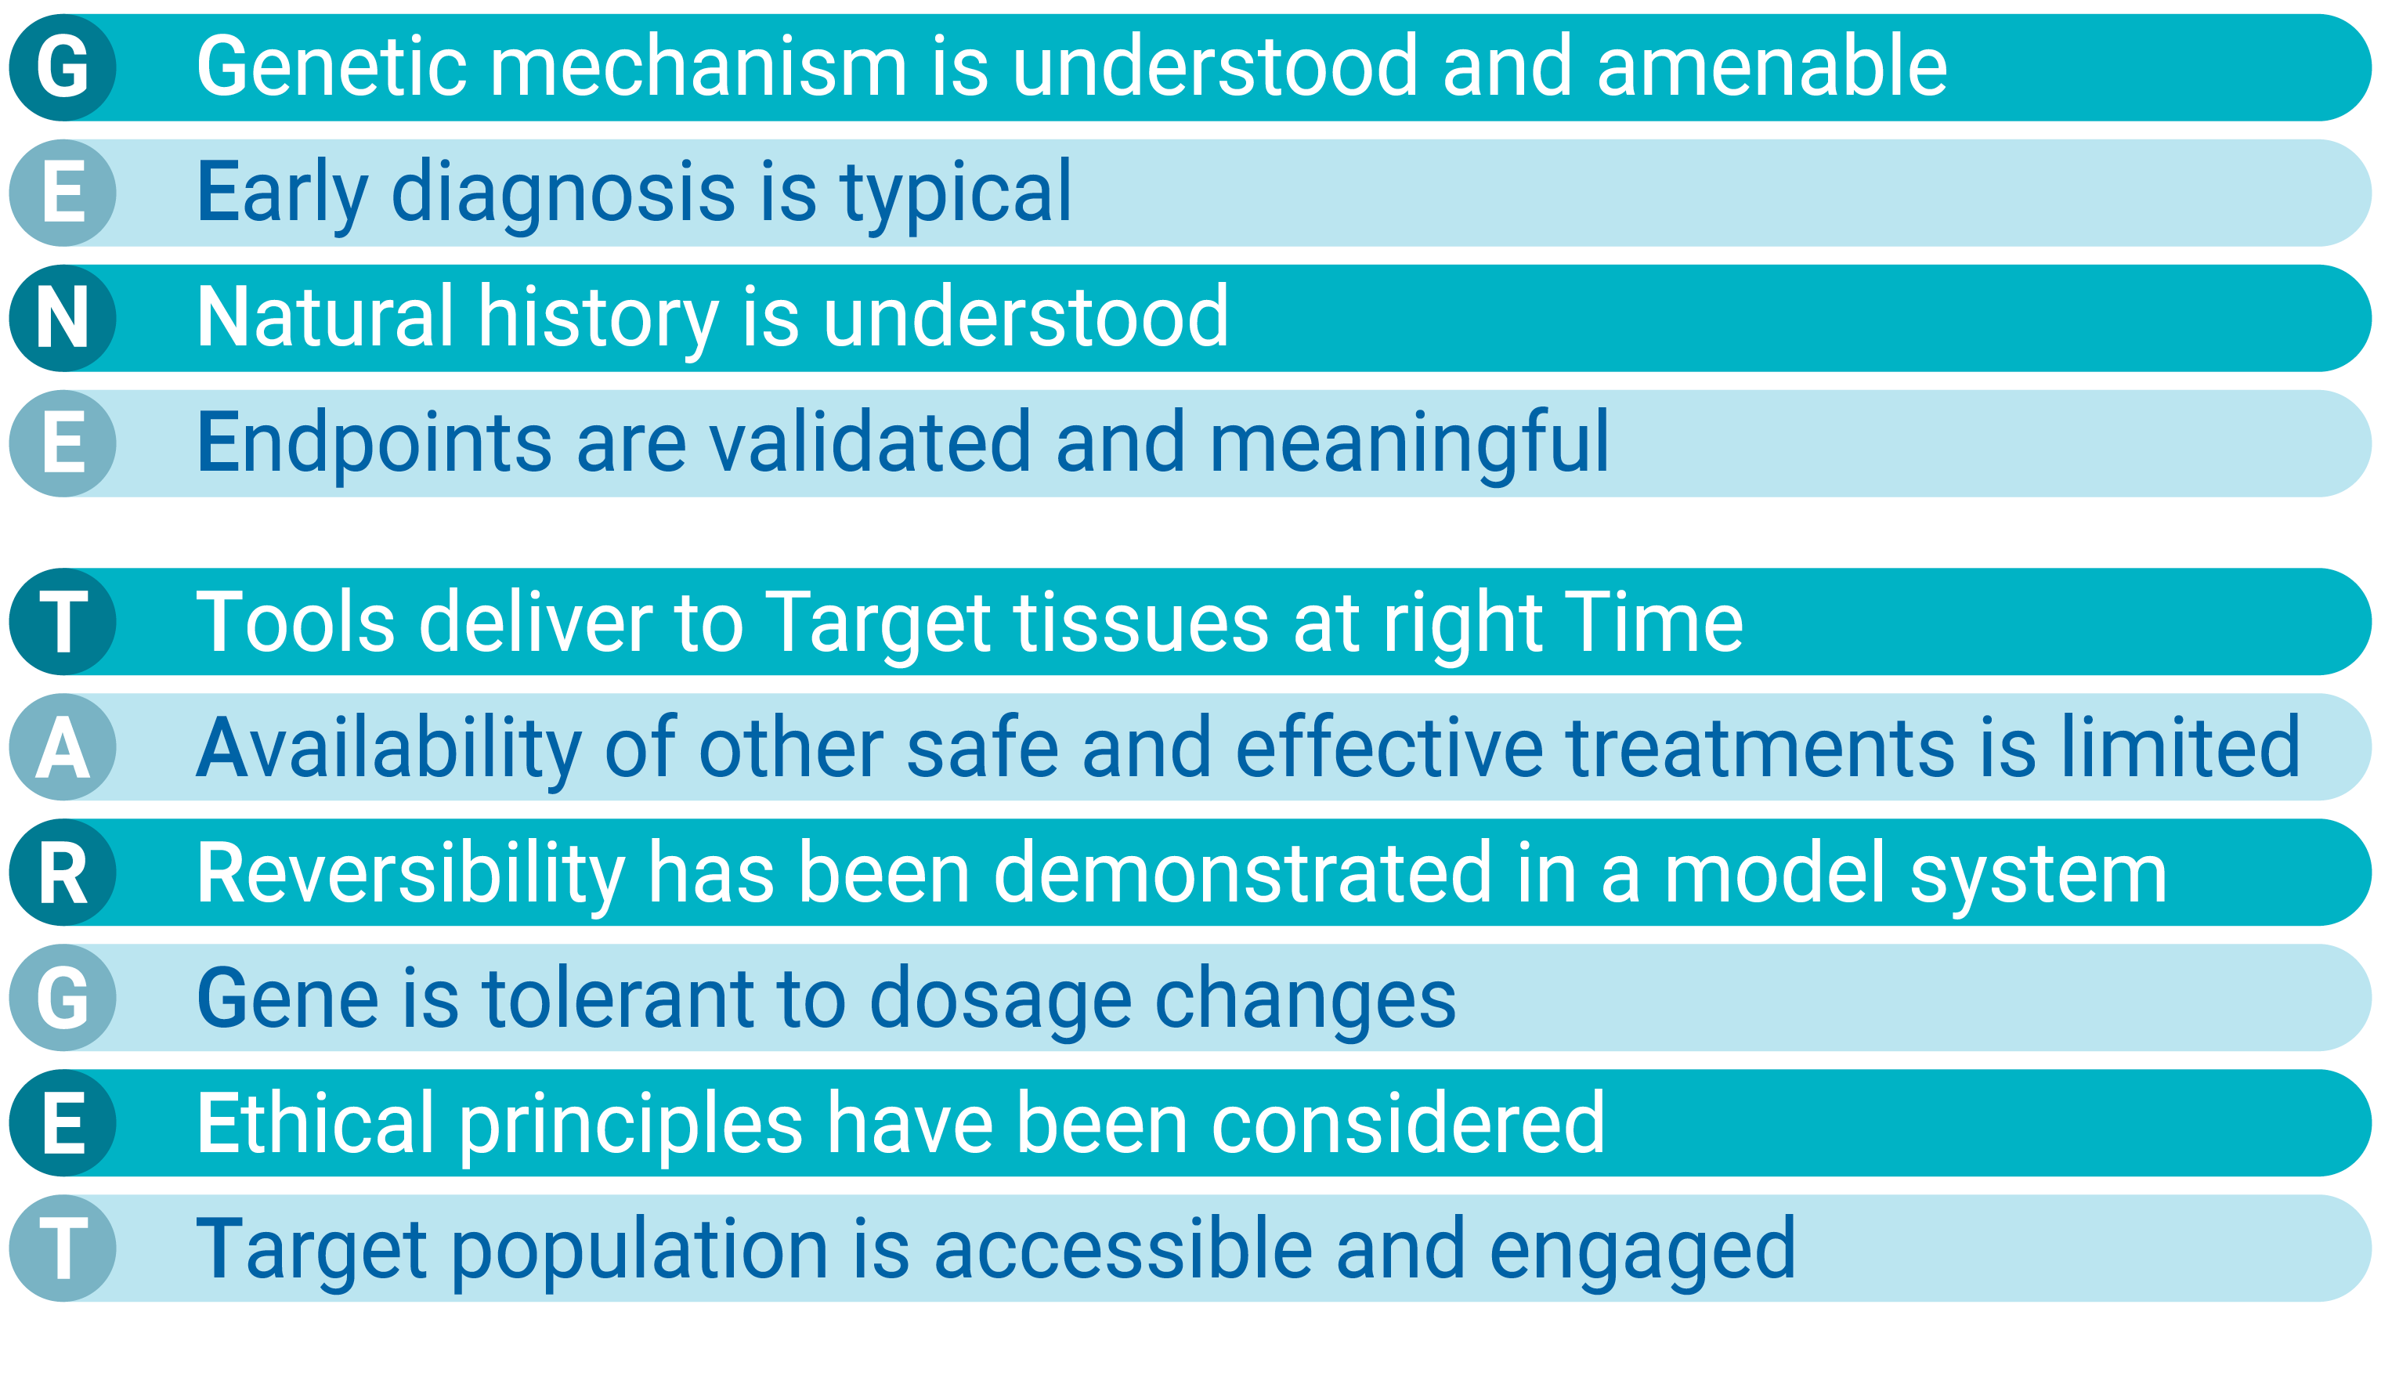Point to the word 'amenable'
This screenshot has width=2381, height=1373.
(1772, 66)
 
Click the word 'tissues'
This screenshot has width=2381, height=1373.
(1141, 621)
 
